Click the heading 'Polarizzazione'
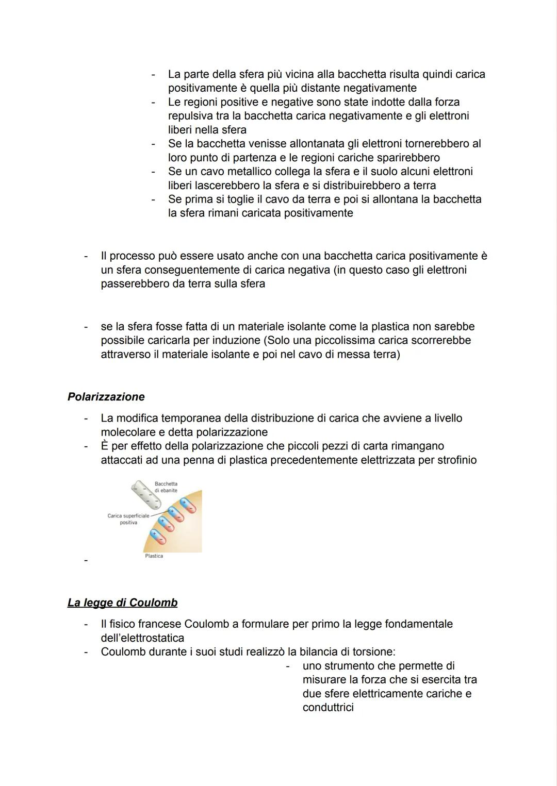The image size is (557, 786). click(x=106, y=397)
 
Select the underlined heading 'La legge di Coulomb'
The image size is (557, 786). click(x=122, y=603)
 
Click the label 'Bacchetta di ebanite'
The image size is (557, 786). click(x=166, y=487)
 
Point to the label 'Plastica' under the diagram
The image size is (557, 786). click(x=154, y=556)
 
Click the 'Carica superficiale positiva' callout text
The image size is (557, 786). click(x=128, y=519)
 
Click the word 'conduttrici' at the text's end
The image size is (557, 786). click(x=328, y=707)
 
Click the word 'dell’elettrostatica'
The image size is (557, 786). click(x=142, y=638)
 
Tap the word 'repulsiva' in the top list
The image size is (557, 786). click(x=192, y=116)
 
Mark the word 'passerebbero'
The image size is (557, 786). click(x=135, y=283)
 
